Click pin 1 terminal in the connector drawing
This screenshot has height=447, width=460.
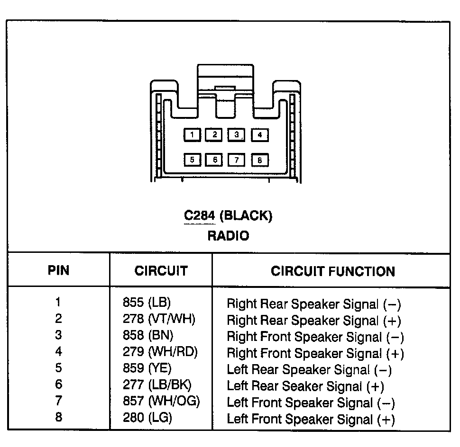click(x=192, y=135)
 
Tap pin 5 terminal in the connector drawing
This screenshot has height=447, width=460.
click(x=192, y=160)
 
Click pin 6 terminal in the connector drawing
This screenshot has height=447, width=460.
click(x=214, y=160)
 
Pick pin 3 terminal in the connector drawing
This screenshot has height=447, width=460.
click(x=237, y=135)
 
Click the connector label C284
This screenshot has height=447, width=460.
click(x=200, y=216)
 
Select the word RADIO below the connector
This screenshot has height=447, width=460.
click(x=228, y=235)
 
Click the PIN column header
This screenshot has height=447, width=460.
click(x=58, y=270)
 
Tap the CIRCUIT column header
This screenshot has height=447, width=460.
click(x=161, y=271)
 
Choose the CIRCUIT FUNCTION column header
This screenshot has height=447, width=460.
click(x=332, y=271)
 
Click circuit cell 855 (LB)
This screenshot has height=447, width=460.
click(x=147, y=303)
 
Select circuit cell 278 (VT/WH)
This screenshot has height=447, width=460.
click(x=159, y=319)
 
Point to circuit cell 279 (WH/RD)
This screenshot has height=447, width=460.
click(x=160, y=352)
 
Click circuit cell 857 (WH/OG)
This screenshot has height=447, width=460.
click(x=161, y=402)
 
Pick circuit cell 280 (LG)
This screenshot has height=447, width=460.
click(x=147, y=418)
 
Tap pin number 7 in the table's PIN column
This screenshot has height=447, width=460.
click(x=58, y=402)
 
